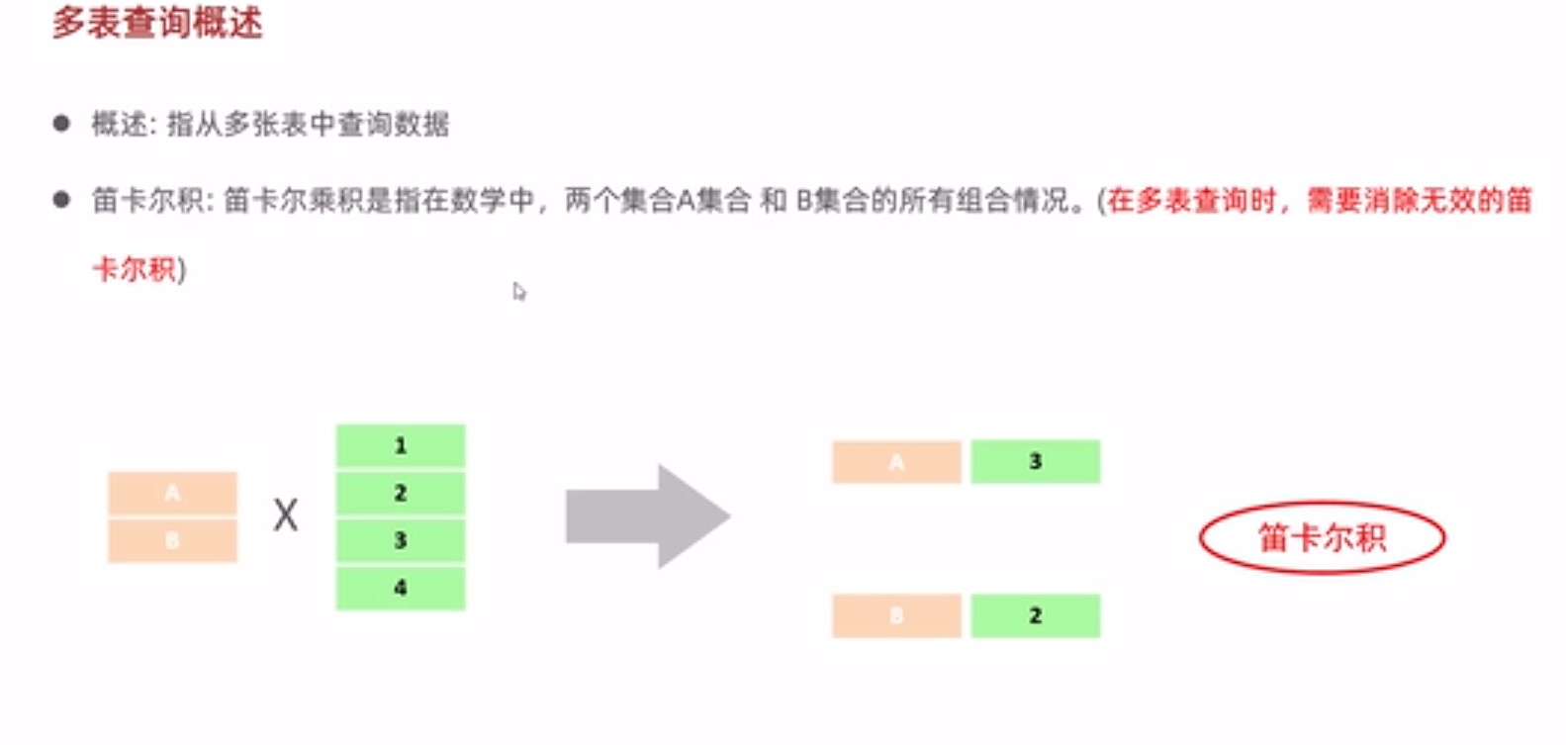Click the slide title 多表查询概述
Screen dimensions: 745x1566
coord(157,22)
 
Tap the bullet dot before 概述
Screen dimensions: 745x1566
coord(61,124)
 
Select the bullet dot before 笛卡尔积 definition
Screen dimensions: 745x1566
coord(61,200)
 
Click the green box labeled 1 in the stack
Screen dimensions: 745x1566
coord(401,446)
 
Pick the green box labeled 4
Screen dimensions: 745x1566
coord(401,588)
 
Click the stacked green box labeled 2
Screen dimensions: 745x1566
coord(401,493)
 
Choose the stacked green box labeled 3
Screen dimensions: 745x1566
coord(401,540)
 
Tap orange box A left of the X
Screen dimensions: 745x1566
coord(172,493)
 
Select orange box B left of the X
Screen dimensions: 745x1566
coord(172,540)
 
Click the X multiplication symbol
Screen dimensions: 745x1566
coord(285,515)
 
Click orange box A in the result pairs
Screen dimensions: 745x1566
coord(896,462)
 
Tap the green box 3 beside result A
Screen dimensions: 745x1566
coord(1035,462)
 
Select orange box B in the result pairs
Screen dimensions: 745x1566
coord(896,615)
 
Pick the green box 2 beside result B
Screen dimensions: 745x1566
coord(1035,615)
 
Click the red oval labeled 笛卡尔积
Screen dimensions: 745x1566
coord(1322,538)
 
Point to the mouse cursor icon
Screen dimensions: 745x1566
coord(519,292)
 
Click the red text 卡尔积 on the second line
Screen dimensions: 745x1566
coord(135,269)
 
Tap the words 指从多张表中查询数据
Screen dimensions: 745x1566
coord(309,125)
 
